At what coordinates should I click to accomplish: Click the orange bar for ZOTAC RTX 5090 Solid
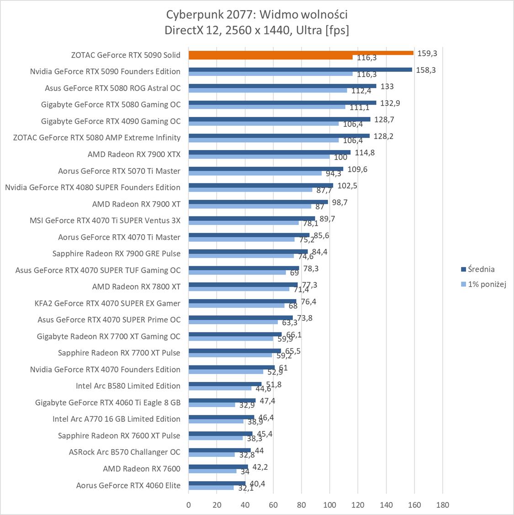pyautogui.click(x=301, y=53)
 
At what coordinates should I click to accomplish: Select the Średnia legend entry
pyautogui.click(x=478, y=269)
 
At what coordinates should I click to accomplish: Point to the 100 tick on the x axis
pyautogui.click(x=329, y=505)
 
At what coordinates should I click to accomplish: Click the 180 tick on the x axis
pyautogui.click(x=442, y=505)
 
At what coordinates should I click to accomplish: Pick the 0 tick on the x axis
pyautogui.click(x=189, y=505)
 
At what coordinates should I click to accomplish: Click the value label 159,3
pyautogui.click(x=427, y=54)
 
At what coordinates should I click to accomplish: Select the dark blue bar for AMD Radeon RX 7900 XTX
pyautogui.click(x=270, y=152)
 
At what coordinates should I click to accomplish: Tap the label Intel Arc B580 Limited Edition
pyautogui.click(x=128, y=386)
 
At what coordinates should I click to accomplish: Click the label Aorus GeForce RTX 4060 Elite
pyautogui.click(x=128, y=485)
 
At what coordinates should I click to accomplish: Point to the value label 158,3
pyautogui.click(x=426, y=70)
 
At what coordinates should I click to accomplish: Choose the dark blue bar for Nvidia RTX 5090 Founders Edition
pyautogui.click(x=300, y=70)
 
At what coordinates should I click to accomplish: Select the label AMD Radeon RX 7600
pyautogui.click(x=142, y=469)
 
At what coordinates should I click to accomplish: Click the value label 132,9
pyautogui.click(x=390, y=103)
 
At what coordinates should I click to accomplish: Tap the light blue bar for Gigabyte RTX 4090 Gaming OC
pyautogui.click(x=264, y=123)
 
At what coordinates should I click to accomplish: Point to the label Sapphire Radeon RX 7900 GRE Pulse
pyautogui.click(x=117, y=253)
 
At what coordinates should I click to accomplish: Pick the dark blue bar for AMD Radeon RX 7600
pyautogui.click(x=218, y=467)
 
